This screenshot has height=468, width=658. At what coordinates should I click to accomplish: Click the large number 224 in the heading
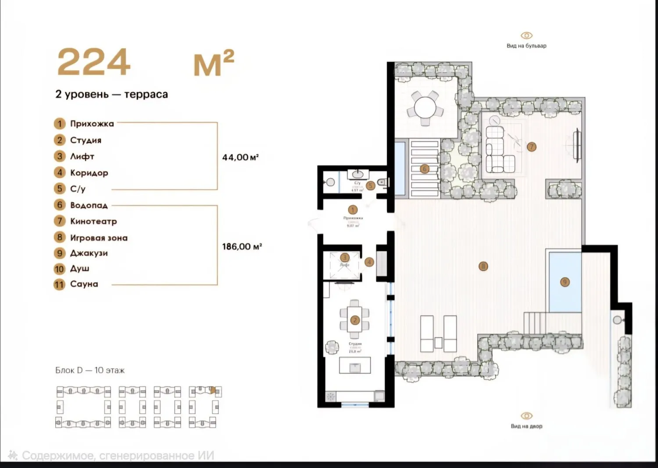(94, 62)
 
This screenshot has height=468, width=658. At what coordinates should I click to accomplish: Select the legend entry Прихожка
(92, 124)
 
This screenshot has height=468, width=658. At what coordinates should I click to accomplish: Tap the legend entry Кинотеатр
(93, 221)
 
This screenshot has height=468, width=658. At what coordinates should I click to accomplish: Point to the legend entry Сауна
(84, 284)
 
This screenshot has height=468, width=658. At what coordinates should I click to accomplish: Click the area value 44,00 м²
(240, 157)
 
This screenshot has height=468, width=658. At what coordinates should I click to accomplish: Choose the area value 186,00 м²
(242, 247)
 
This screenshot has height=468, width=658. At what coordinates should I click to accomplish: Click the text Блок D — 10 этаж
(90, 370)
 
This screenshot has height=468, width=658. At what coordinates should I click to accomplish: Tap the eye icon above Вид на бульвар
(526, 36)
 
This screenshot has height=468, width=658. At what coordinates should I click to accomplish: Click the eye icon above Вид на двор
(526, 416)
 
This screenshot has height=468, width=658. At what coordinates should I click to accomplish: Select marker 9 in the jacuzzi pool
(565, 282)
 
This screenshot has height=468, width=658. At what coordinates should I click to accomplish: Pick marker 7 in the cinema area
(532, 146)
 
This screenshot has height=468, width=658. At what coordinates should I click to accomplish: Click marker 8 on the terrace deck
(483, 266)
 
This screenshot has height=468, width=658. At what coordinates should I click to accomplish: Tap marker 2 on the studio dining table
(355, 320)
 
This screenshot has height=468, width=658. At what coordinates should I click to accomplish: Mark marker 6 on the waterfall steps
(424, 168)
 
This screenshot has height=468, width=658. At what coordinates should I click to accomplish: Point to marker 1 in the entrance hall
(353, 210)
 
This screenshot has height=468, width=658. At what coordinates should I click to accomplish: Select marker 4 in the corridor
(369, 262)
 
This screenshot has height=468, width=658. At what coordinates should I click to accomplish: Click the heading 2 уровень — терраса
(111, 94)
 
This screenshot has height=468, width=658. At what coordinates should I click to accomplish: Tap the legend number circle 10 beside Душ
(59, 269)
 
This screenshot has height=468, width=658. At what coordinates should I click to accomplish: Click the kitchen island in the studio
(355, 365)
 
